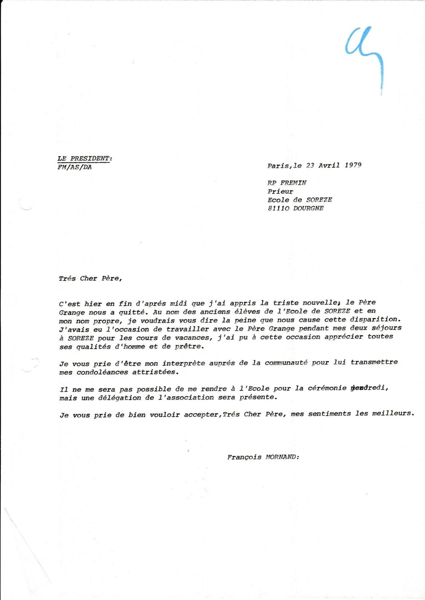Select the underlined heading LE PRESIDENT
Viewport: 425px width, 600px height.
(85, 158)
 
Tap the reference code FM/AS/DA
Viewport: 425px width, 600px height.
(75, 167)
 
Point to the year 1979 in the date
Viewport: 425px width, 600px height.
(353, 165)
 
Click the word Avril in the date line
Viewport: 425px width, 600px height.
(329, 165)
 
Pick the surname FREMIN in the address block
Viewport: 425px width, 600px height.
(293, 183)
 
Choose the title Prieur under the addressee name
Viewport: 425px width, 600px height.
(280, 192)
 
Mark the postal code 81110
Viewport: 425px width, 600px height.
(278, 208)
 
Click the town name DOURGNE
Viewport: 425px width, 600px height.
(308, 208)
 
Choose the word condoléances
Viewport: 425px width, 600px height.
(102, 372)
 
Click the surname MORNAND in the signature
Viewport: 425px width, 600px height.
(282, 457)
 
